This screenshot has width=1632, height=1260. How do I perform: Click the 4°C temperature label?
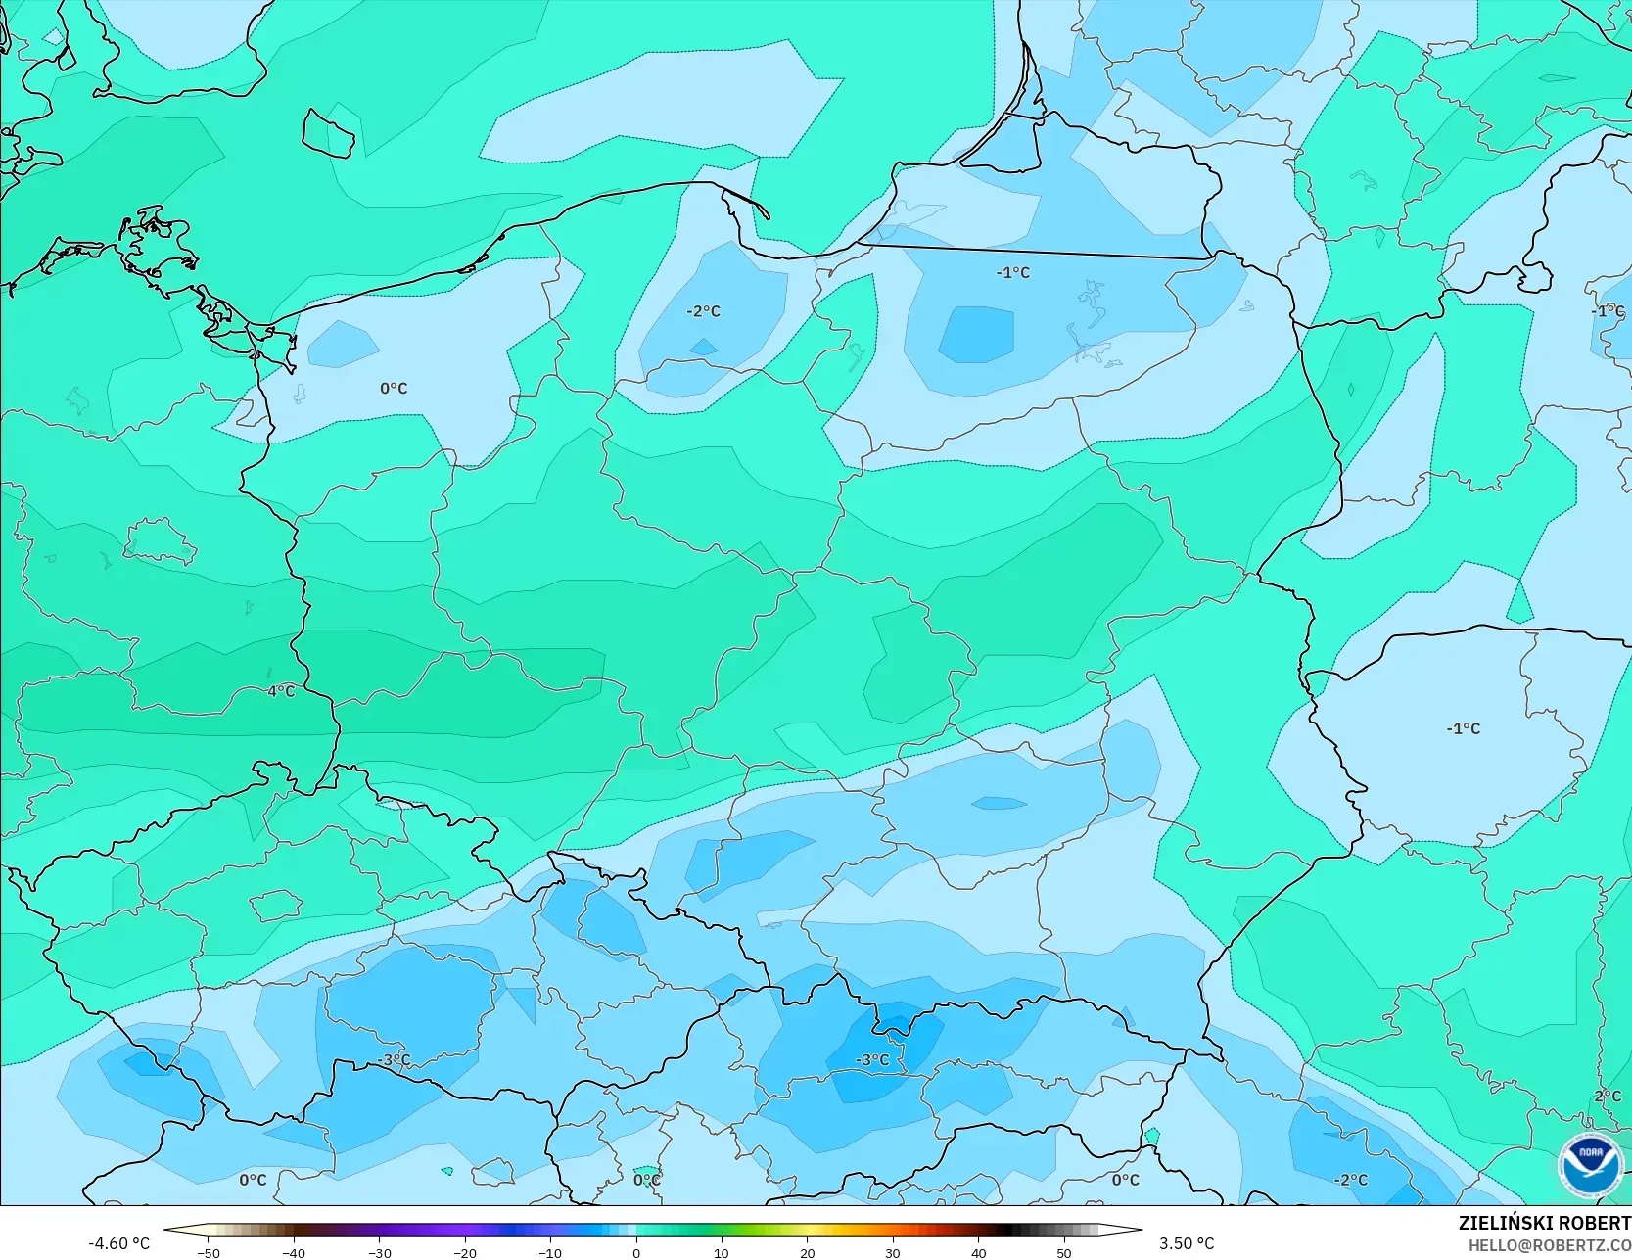[281, 691]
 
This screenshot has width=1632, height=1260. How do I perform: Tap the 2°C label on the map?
[1608, 1096]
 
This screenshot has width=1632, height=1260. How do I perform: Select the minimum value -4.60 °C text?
[119, 1243]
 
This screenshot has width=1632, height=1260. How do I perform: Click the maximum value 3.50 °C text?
[1187, 1243]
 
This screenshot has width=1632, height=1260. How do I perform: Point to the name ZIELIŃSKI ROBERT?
[1544, 1223]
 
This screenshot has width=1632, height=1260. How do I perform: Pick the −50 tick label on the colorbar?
[208, 1253]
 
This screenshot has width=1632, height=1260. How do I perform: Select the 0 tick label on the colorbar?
[635, 1253]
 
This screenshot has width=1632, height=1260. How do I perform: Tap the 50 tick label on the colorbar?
[1064, 1253]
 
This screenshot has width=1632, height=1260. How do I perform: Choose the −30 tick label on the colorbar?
[379, 1253]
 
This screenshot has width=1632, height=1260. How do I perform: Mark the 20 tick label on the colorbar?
[807, 1253]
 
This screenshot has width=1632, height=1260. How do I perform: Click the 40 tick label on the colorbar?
[978, 1253]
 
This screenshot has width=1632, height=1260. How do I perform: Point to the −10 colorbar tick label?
[550, 1253]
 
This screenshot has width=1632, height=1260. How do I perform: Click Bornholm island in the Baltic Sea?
[328, 134]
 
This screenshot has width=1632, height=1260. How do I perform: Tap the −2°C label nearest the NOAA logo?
[1351, 1180]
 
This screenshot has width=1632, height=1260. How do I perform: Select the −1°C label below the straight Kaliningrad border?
[1013, 273]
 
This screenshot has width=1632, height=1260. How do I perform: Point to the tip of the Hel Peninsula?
[767, 216]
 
